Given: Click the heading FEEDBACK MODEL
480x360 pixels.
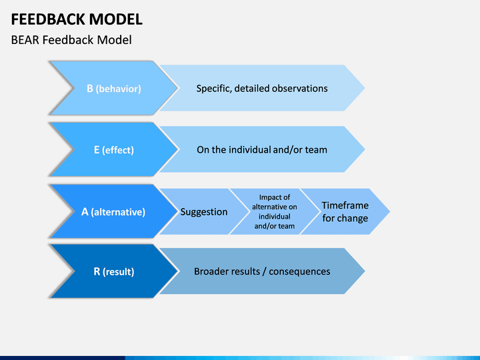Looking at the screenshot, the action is click(77, 19).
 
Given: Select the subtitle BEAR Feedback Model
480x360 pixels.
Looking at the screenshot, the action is click(71, 40).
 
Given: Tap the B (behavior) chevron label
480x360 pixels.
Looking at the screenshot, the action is click(114, 89).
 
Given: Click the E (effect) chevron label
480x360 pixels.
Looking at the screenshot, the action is click(114, 150).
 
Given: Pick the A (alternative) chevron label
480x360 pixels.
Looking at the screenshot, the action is click(113, 212).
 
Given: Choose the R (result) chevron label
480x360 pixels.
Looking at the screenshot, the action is click(114, 271).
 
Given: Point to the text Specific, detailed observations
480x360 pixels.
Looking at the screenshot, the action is click(262, 89).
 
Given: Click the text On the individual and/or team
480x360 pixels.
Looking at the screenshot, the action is click(262, 150).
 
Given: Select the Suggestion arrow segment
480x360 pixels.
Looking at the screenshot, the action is click(204, 211).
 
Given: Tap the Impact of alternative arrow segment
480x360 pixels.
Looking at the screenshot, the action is click(275, 211).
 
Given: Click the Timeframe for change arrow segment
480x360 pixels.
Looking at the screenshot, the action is click(345, 211).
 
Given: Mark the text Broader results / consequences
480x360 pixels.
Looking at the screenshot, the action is click(262, 271).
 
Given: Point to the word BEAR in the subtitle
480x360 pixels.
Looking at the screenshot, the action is click(25, 40).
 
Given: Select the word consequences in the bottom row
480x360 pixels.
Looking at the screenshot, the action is click(300, 271).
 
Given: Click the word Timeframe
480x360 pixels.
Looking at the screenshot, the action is click(345, 205).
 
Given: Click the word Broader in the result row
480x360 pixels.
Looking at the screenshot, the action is click(211, 271).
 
